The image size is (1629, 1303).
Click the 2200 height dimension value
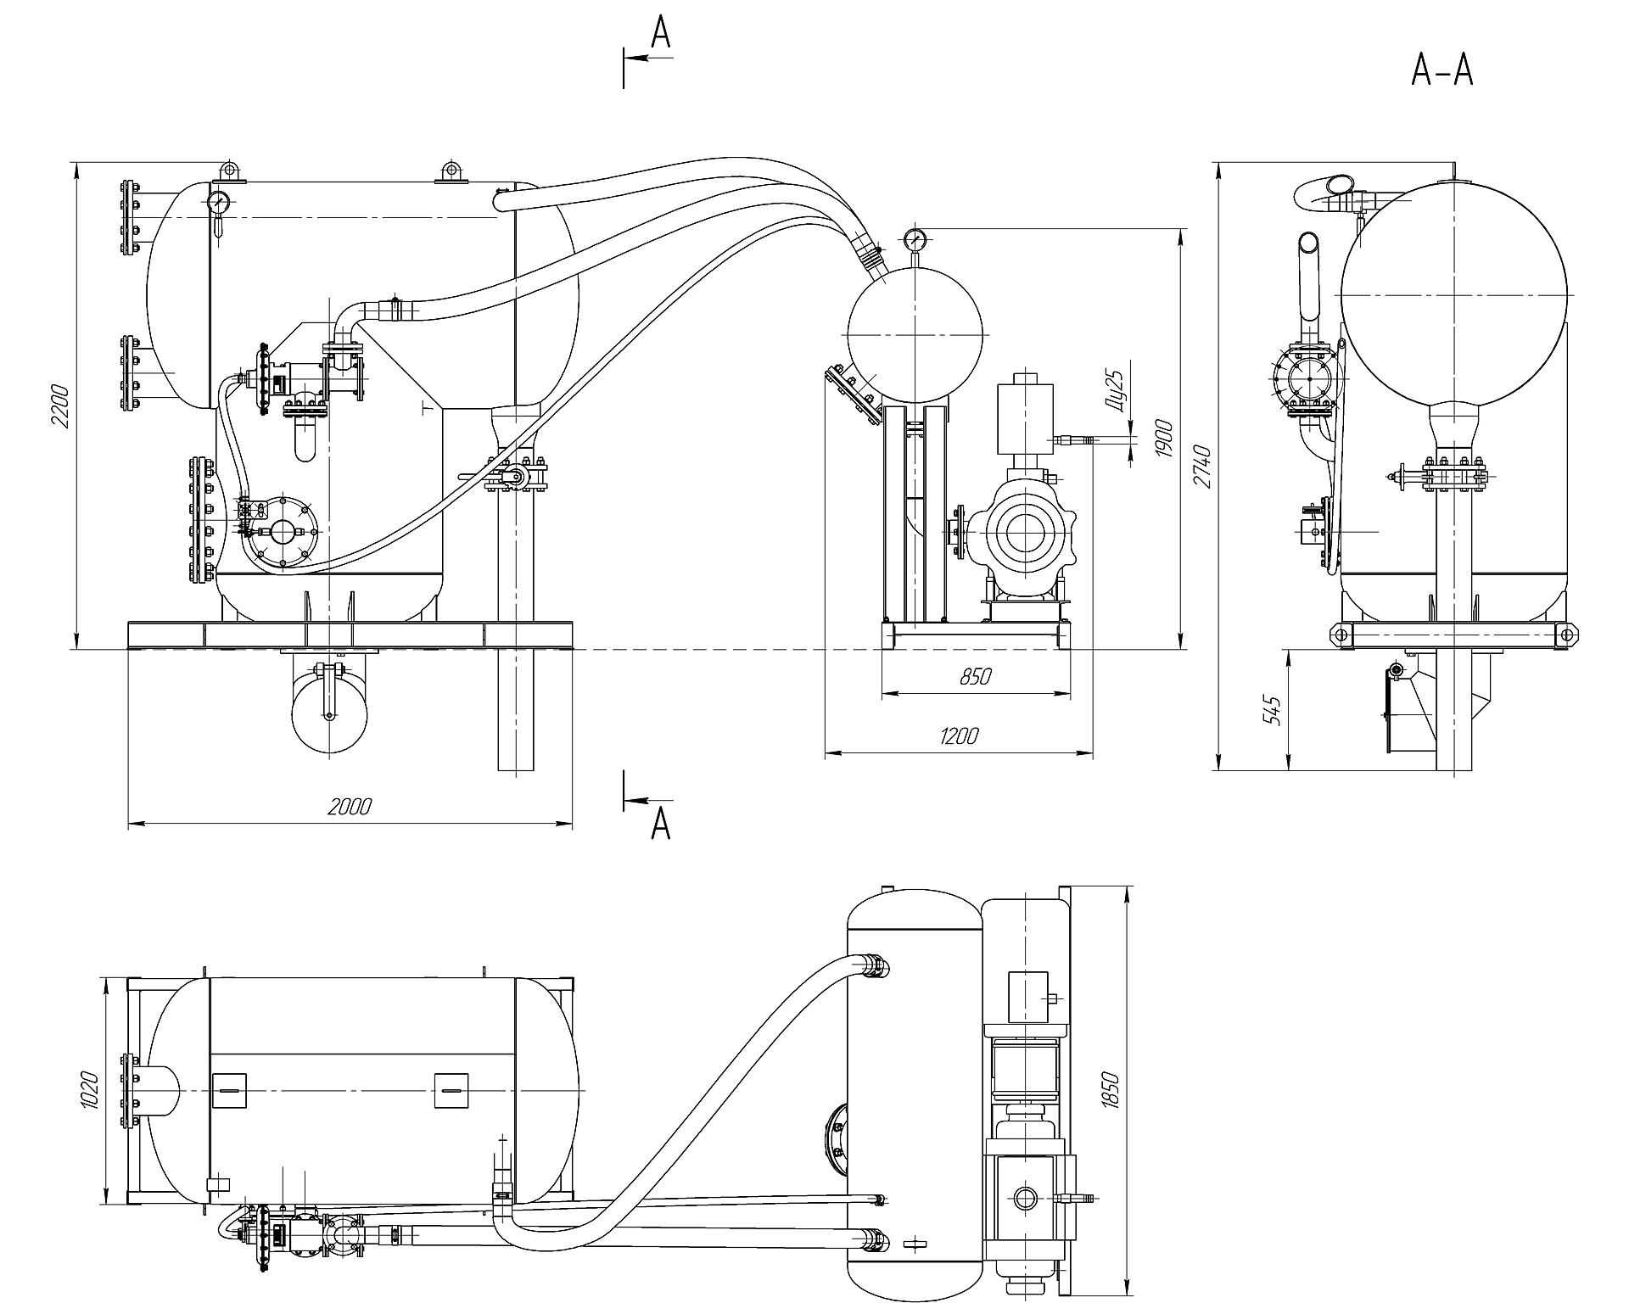click(x=59, y=406)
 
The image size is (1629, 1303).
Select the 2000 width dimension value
click(x=350, y=805)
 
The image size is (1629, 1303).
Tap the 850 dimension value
click(x=976, y=676)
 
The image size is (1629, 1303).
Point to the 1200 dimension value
click(x=958, y=735)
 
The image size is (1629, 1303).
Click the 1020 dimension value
click(x=92, y=1090)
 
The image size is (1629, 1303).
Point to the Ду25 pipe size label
click(x=1117, y=392)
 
